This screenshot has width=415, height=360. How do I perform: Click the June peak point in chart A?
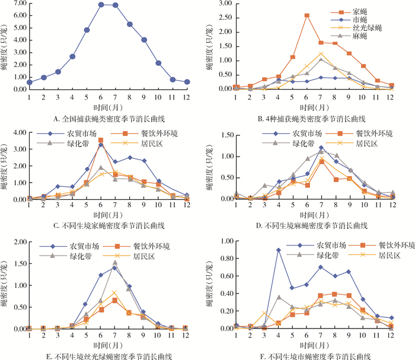pyautogui.click(x=101, y=5)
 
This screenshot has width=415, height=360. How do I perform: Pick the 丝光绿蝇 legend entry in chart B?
pyautogui.click(x=364, y=27)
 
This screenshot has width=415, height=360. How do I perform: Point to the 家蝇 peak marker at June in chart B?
pyautogui.click(x=307, y=16)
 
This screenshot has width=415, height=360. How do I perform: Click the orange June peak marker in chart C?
pyautogui.click(x=101, y=141)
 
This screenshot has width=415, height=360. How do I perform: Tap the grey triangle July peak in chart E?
pyautogui.click(x=115, y=262)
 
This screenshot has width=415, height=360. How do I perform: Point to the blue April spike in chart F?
pyautogui.click(x=278, y=250)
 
